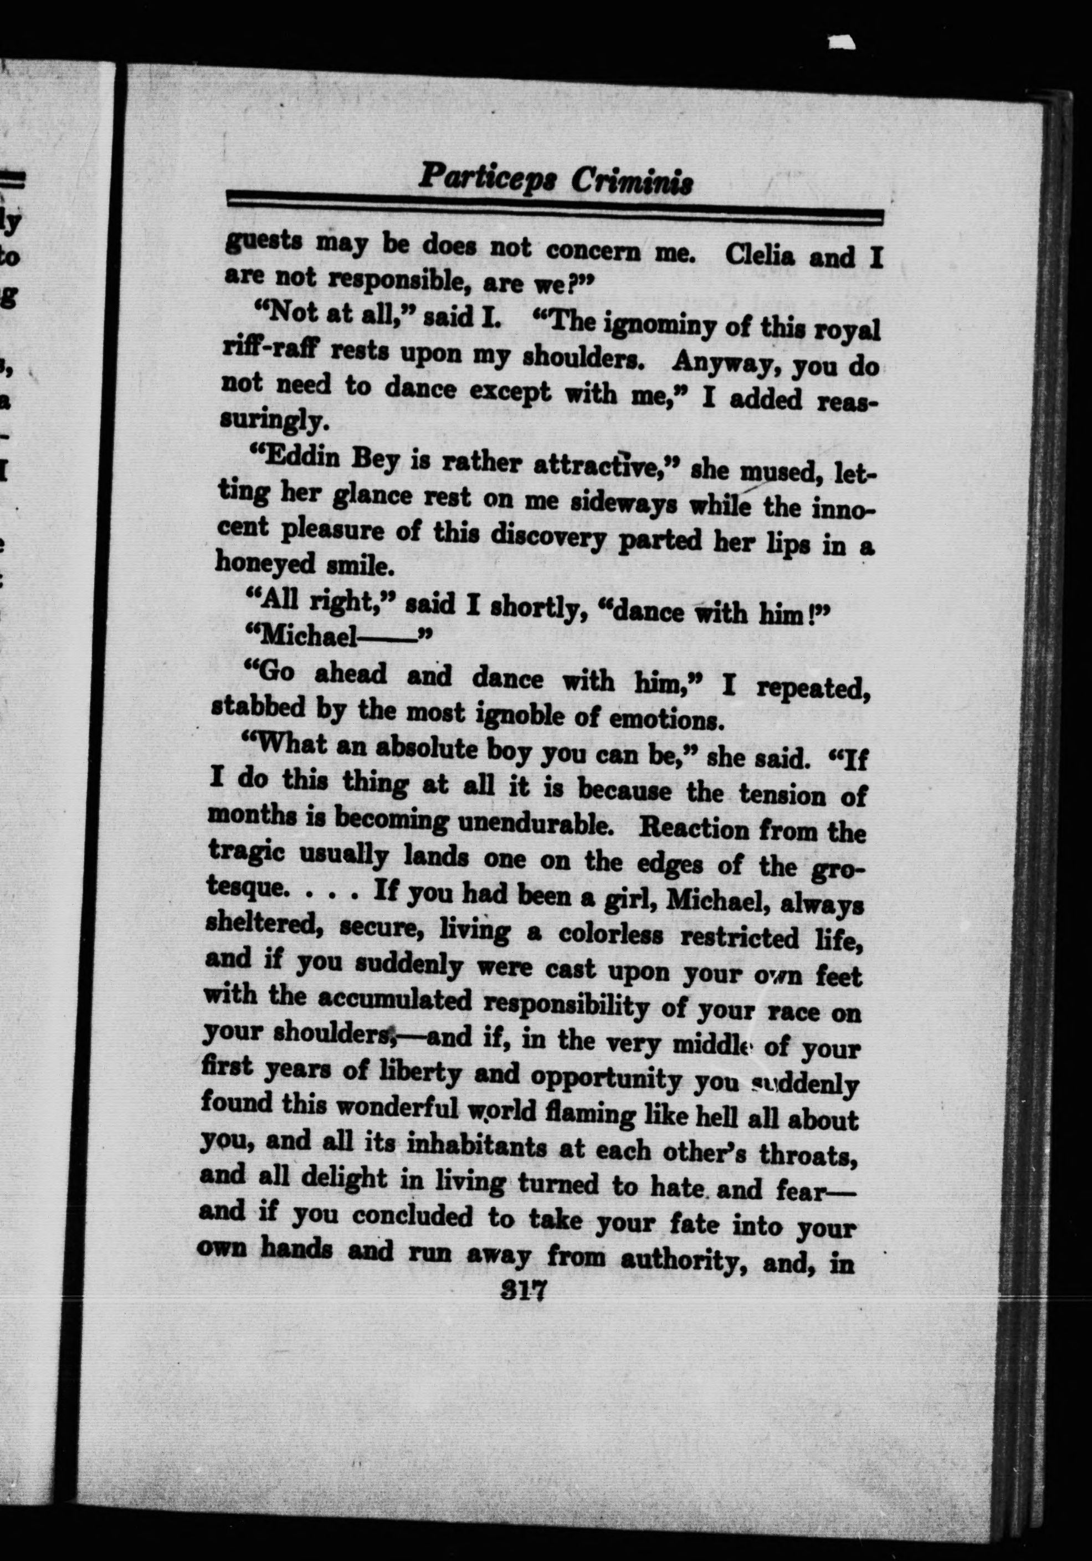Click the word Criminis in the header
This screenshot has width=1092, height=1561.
[632, 182]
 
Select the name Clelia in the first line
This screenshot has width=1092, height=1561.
[766, 255]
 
